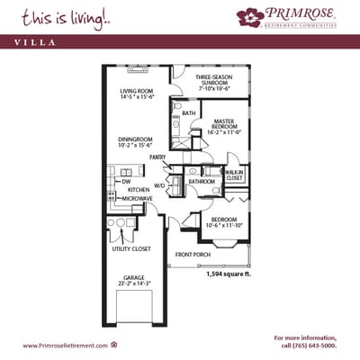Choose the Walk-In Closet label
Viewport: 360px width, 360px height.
(234, 175)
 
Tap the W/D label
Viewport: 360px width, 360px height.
(159, 184)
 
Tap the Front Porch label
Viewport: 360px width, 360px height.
(193, 254)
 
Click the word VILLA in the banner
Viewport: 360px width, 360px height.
(32, 40)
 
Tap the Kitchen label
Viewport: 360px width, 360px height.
(138, 190)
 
